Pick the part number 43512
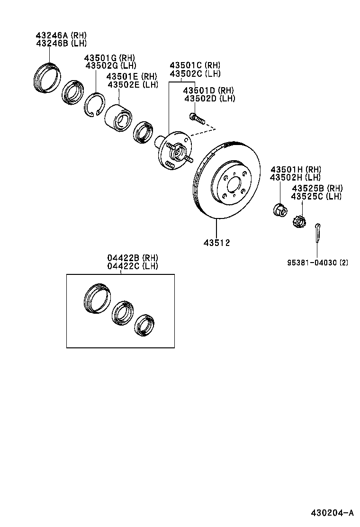point(216,243)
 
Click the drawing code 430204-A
point(332,513)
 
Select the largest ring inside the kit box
point(98,299)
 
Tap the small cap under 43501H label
point(279,209)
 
